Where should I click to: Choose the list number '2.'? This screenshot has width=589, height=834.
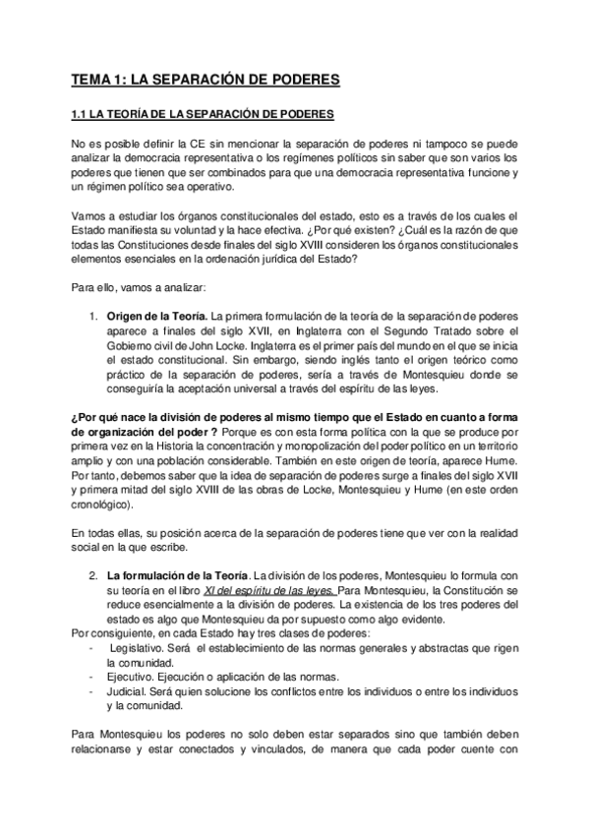[x=90, y=574]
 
